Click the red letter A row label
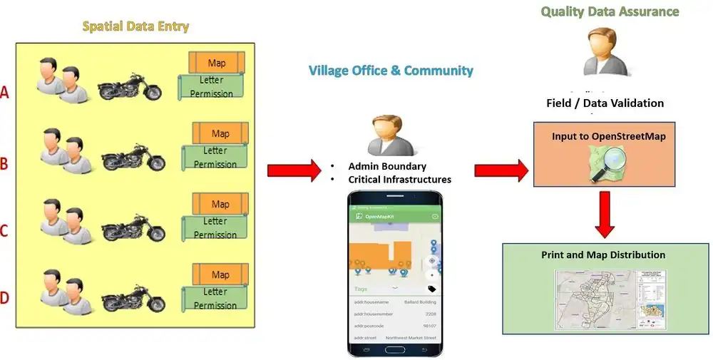coord(6,92)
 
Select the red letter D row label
coord(5,297)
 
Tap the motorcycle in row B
coord(133,158)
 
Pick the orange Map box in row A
coord(217,63)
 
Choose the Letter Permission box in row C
coord(215,228)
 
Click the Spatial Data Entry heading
coord(135,27)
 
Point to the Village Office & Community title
coord(391,71)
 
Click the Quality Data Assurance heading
coord(610,11)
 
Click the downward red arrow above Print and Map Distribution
coord(605,215)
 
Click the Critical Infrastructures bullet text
coord(400,179)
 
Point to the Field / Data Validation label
coord(605,103)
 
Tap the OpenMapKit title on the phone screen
coord(380,215)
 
